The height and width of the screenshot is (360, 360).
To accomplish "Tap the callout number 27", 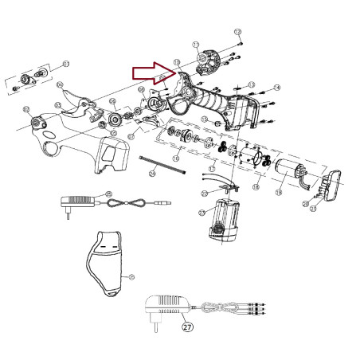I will click(x=186, y=326).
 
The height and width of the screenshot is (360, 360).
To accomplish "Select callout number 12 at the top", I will click(x=237, y=31).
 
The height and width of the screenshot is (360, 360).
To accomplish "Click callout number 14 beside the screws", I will click(x=277, y=88).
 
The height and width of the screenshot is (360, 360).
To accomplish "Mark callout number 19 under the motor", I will click(x=279, y=193).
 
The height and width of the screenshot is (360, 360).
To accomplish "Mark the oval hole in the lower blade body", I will click(x=51, y=149).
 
